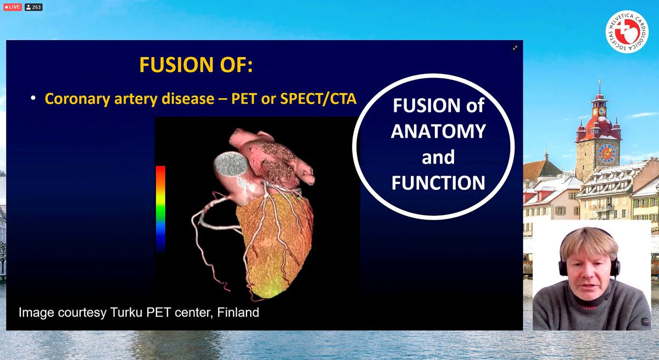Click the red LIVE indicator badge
coord(12,7)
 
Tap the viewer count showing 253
coord(33,7)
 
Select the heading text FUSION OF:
coord(196,65)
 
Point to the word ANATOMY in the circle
coord(438,131)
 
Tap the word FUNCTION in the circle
coord(438,182)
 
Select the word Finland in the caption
coord(238,313)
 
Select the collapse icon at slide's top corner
coord(515,48)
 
